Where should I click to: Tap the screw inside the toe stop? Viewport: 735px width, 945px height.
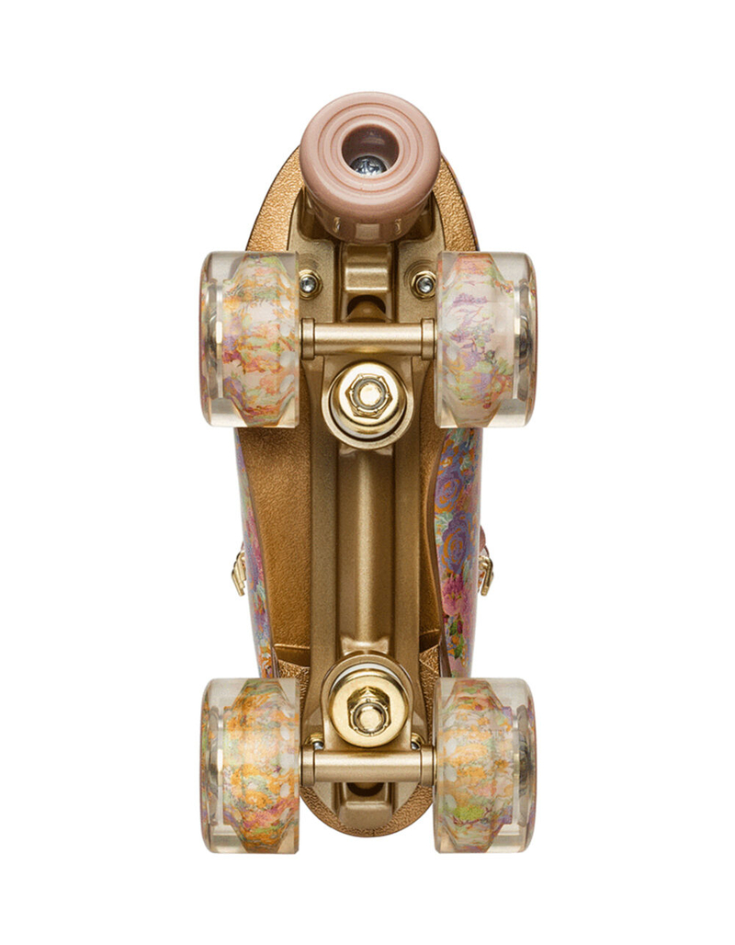point(369,166)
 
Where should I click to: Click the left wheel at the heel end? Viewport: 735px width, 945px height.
point(250,764)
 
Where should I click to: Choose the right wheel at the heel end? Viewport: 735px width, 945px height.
point(484,764)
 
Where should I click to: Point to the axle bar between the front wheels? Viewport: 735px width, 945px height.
point(367,338)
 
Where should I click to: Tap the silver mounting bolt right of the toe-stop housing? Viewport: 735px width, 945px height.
point(424,284)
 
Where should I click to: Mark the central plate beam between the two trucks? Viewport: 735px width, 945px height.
point(367,552)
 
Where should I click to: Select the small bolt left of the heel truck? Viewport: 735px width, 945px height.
point(316,741)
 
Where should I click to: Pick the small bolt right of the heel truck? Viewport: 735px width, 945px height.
point(420,741)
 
